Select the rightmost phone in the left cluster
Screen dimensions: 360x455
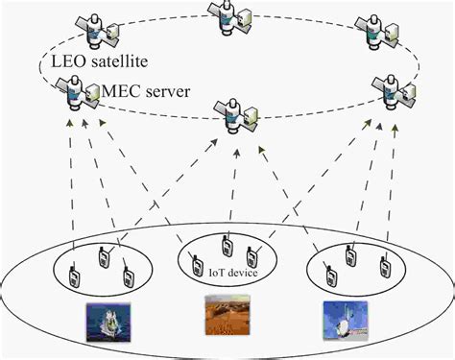pos(127,277)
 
